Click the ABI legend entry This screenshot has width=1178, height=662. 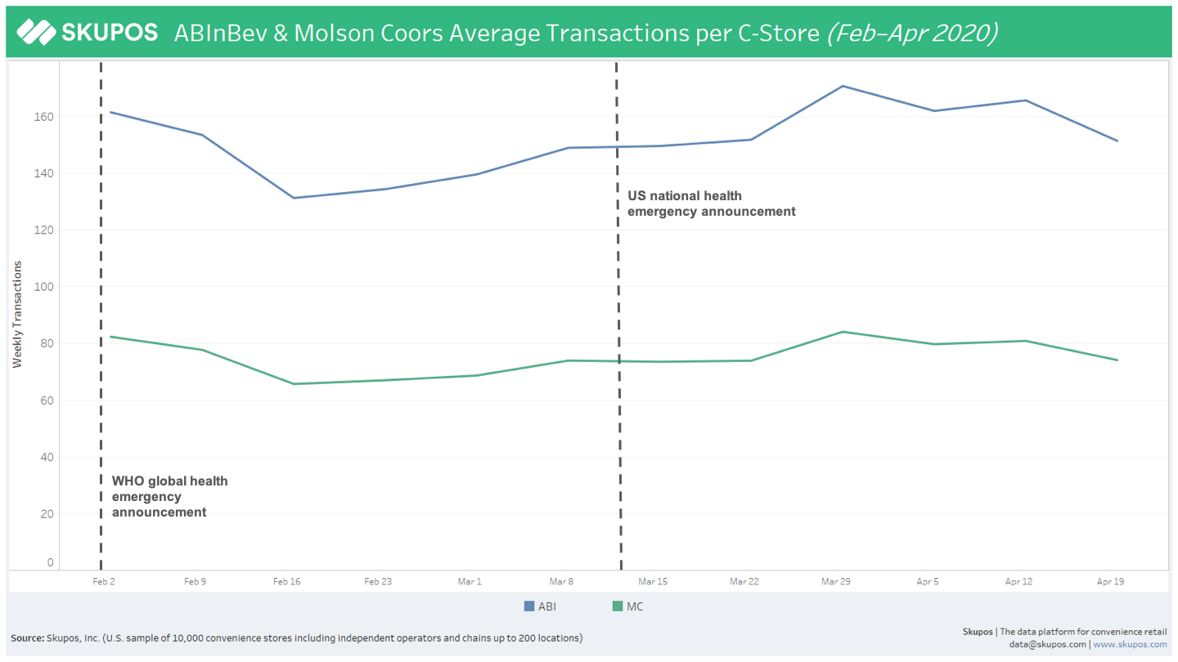click(x=540, y=606)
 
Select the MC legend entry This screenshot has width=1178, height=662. click(x=628, y=606)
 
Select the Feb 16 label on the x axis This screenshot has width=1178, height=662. click(x=286, y=582)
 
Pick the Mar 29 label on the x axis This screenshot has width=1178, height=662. click(x=835, y=582)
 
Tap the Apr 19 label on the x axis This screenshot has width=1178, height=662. click(x=1110, y=582)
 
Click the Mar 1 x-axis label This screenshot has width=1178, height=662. click(x=470, y=582)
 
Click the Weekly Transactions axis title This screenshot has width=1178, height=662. click(x=17, y=315)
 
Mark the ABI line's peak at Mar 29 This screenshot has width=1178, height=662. click(x=843, y=86)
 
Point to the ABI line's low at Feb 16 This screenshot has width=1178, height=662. click(x=293, y=198)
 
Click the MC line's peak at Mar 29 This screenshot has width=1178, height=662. click(x=843, y=332)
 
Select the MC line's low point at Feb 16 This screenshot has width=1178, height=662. click(x=293, y=384)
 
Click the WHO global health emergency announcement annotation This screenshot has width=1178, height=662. click(x=169, y=497)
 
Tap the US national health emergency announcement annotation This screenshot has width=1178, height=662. click(x=711, y=204)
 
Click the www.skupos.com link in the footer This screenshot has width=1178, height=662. click(x=1130, y=645)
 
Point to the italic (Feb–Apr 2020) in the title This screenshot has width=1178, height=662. click(x=911, y=33)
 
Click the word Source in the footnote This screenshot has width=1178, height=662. click(x=27, y=638)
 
